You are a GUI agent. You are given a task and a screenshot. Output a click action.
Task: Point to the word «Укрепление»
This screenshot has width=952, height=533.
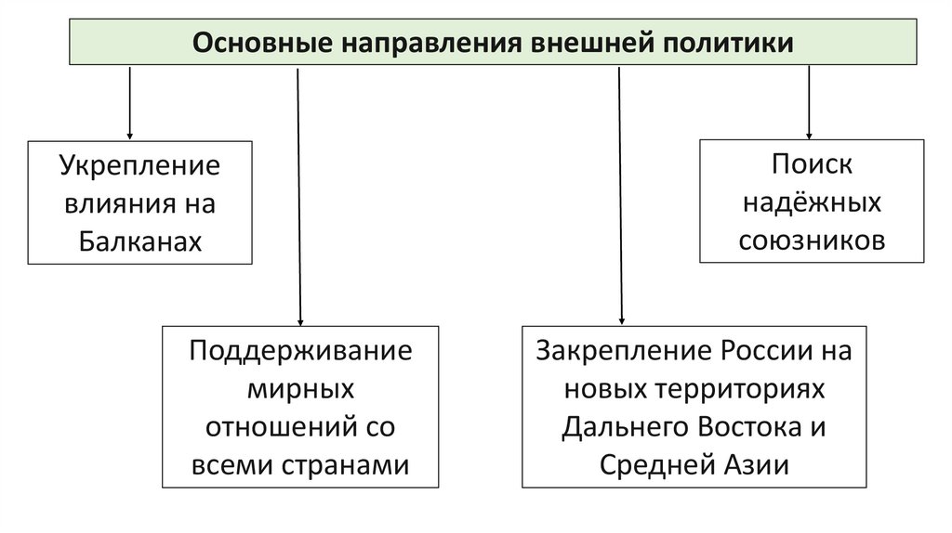[140, 167]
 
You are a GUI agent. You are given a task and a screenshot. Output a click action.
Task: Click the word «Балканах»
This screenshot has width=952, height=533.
[140, 240]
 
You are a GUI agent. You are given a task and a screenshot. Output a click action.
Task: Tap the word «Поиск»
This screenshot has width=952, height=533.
[812, 165]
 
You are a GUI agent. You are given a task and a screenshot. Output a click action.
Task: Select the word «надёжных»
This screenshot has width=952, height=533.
[812, 202]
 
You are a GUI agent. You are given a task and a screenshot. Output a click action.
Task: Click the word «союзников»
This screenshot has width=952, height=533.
[812, 240]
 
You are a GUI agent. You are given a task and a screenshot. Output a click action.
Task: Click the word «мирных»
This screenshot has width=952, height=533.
[300, 389]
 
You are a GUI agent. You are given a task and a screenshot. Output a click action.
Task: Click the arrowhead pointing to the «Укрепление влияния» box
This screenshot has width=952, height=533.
[129, 134]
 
